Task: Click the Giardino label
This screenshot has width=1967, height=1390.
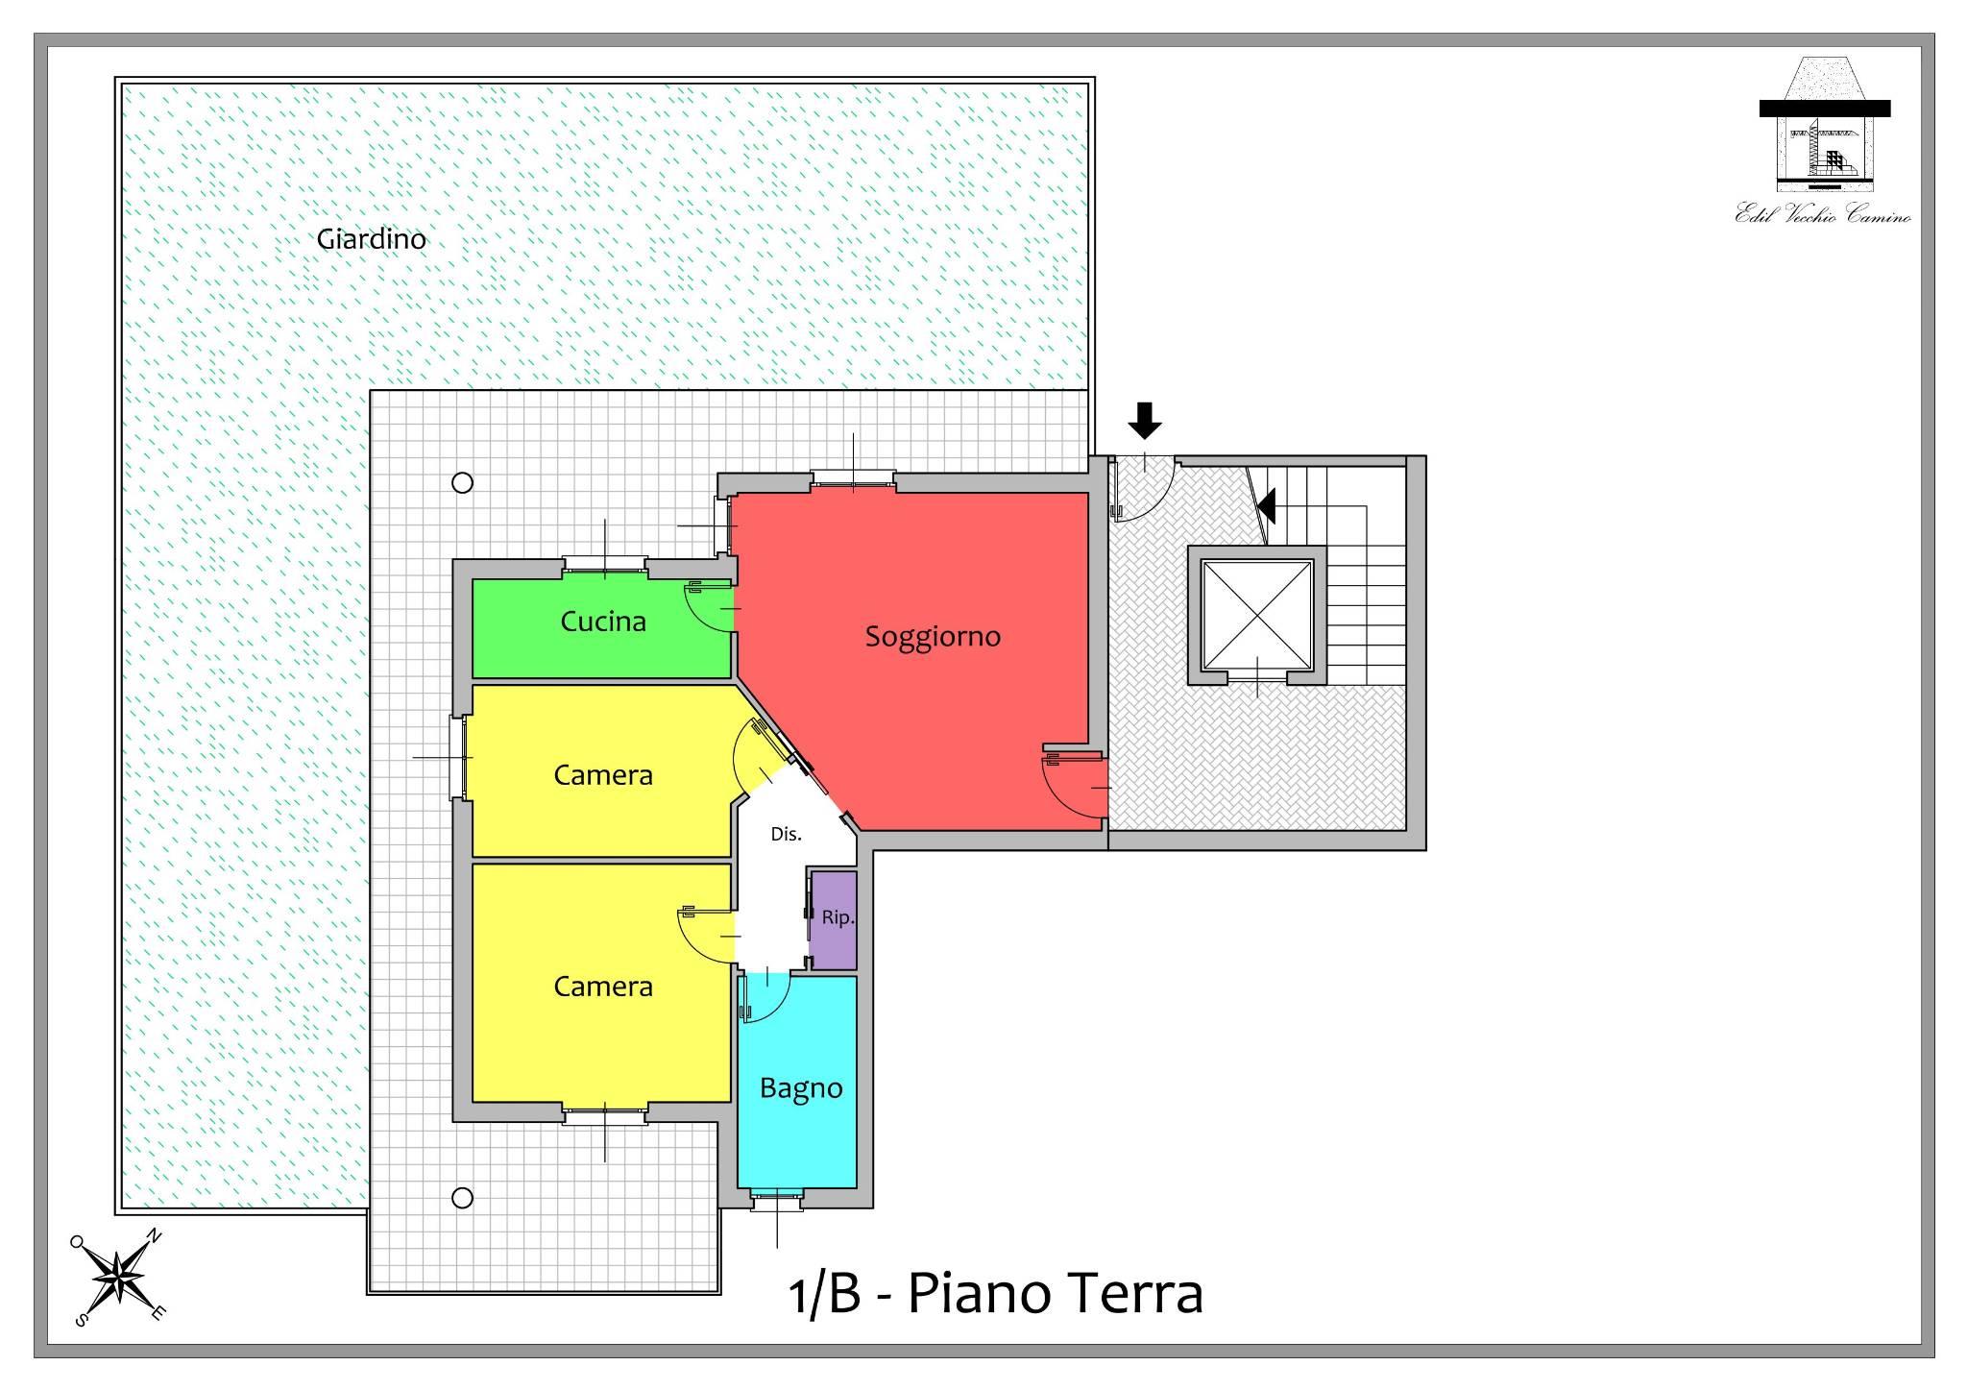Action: (372, 239)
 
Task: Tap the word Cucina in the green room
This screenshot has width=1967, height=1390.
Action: (603, 622)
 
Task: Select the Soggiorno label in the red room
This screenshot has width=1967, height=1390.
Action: (933, 637)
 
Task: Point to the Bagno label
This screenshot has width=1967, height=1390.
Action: (801, 1088)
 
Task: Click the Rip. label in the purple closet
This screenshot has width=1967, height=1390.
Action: (838, 918)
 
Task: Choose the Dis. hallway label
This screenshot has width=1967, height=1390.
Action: (786, 834)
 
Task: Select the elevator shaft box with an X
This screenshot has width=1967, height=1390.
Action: (1257, 615)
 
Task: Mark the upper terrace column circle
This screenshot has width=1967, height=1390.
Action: (462, 483)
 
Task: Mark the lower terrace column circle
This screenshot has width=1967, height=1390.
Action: (462, 1198)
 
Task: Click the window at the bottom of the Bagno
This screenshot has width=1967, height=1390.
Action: (776, 1197)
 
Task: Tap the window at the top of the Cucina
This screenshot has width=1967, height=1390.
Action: (604, 566)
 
